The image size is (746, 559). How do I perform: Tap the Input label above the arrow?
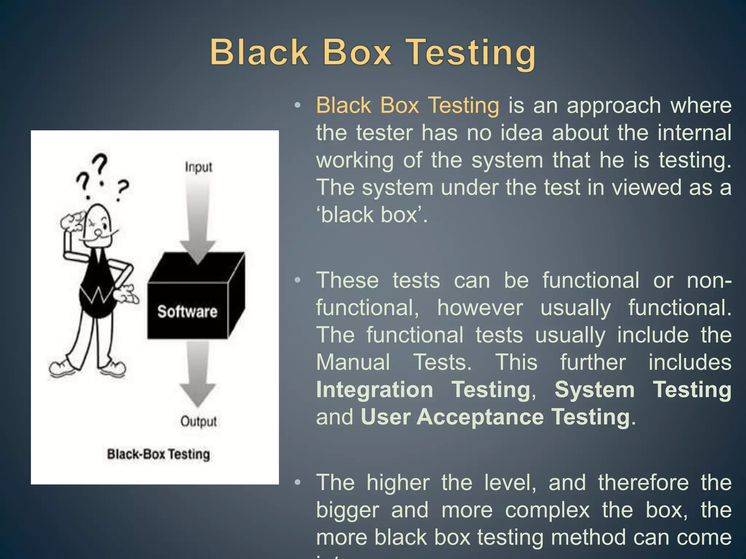(198, 167)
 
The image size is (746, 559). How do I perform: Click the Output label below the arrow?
(199, 421)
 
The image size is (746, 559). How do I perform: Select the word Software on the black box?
(187, 312)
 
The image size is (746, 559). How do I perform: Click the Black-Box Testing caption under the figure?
(158, 454)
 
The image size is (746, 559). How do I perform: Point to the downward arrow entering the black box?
(198, 215)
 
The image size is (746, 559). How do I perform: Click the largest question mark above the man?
(99, 164)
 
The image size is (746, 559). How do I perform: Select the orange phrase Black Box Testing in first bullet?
(407, 106)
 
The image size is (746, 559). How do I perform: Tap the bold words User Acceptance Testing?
(495, 417)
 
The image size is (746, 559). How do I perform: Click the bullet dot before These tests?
(298, 280)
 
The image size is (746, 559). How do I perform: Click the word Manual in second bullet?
(353, 362)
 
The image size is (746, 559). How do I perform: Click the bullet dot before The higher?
(298, 483)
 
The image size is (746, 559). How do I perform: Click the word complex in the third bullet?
(547, 510)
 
